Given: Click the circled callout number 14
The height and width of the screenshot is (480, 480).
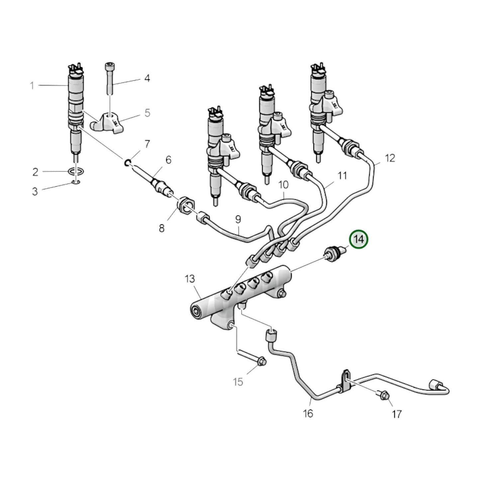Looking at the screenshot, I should click(x=358, y=239).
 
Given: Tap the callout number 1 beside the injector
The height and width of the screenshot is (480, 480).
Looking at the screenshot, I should click(x=32, y=86).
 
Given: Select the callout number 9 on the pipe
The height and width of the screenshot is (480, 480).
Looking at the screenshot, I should click(x=238, y=220).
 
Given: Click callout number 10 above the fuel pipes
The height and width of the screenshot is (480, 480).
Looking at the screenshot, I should click(x=283, y=185).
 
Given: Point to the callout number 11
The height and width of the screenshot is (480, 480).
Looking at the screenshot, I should click(x=342, y=175).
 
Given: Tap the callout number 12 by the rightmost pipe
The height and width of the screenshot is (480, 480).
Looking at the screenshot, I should click(x=390, y=158).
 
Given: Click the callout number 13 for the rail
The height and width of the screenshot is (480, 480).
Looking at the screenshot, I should click(x=190, y=279).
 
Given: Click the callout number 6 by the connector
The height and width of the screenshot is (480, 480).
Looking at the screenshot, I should click(x=168, y=160).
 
